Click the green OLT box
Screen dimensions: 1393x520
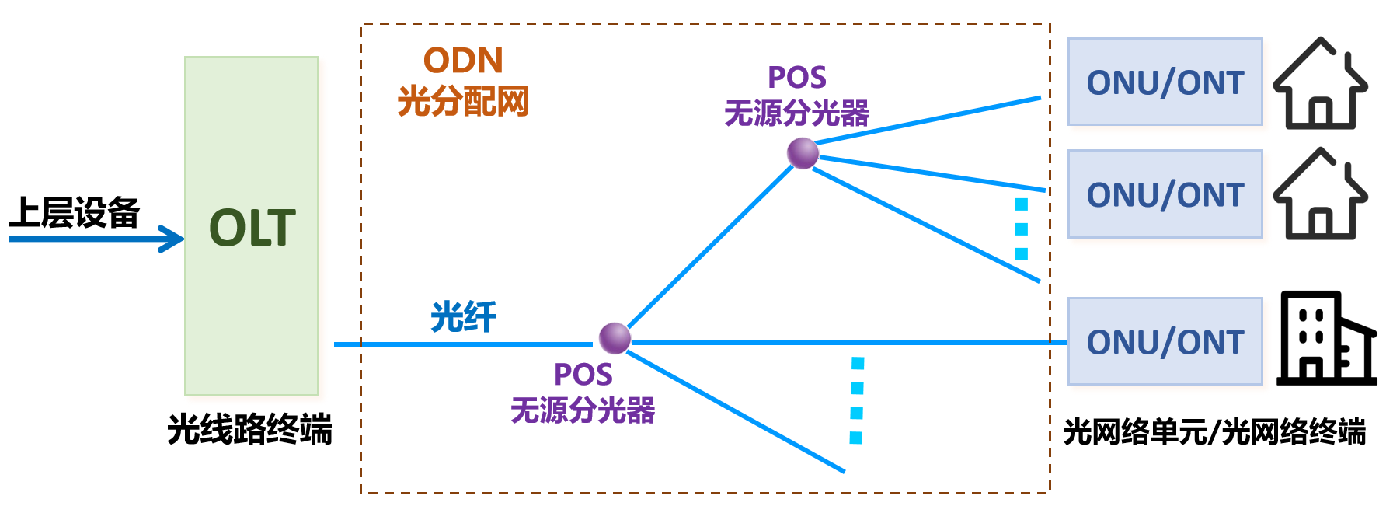252,226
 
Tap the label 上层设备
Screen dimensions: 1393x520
74,212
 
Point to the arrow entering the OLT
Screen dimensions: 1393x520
96,239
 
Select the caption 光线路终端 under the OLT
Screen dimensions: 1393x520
250,429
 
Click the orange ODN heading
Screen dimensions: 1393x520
463,61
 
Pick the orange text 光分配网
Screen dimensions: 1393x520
463,101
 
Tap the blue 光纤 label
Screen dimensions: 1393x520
464,317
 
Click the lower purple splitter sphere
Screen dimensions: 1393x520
615,338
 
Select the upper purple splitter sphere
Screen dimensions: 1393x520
803,153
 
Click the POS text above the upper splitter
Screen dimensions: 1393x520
797,77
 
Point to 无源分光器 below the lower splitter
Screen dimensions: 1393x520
583,410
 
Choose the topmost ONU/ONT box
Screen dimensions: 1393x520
1165,82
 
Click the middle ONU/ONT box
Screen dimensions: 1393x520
1165,194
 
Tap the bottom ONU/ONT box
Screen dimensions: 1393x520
1165,341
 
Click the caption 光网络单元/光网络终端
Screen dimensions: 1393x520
1214,431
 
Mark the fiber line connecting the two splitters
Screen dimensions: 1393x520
710,246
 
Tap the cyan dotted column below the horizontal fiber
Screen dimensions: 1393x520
857,400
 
